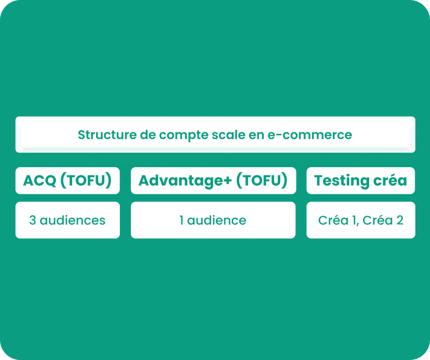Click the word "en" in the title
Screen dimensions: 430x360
pos(256,135)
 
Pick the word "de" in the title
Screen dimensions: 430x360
pos(148,135)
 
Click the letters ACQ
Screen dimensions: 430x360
pos(40,181)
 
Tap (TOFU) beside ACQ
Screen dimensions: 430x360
pos(86,181)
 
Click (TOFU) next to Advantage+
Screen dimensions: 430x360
pos(262,181)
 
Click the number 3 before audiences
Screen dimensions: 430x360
pos(33,220)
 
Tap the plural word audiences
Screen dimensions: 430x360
pos(72,220)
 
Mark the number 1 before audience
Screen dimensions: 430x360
pos(181,220)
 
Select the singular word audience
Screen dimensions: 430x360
pos(217,220)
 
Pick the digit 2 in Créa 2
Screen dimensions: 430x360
pos(400,220)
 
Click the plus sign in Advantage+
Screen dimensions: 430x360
pos(229,181)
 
